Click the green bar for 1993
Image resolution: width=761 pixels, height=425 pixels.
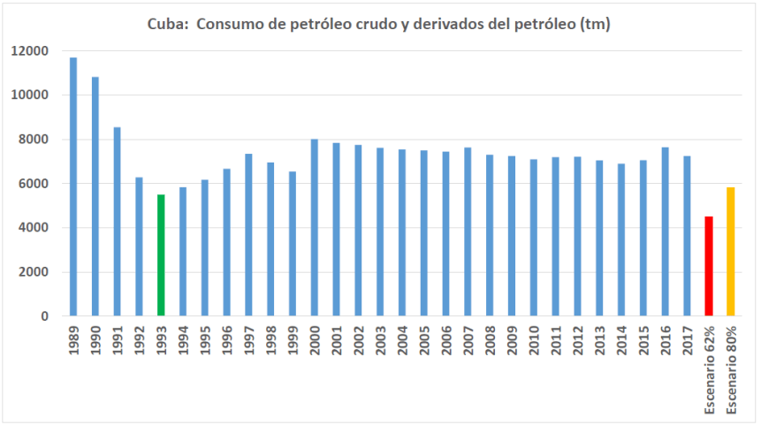click(161, 255)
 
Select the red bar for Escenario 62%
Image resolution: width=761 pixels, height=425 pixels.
click(708, 266)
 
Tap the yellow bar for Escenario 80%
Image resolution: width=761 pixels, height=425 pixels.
click(730, 252)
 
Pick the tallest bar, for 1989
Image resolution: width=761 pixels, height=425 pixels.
click(73, 186)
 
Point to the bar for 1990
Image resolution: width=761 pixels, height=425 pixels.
click(95, 196)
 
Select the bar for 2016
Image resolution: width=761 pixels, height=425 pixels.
click(665, 231)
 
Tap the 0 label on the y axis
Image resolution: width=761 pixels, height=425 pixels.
click(44, 316)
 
